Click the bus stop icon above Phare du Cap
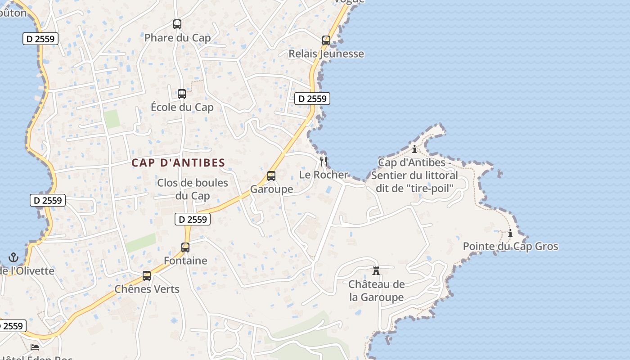177,24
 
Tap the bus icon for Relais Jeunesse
326,40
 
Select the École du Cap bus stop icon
182,94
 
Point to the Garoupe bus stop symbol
271,176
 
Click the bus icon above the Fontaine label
185,247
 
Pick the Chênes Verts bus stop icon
147,276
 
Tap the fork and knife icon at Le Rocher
324,161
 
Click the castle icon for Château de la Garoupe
376,271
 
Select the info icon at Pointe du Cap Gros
510,233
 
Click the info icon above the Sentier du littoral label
414,148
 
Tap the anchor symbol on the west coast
13,257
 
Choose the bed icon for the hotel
35,347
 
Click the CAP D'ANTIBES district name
178,163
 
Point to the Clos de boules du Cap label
193,189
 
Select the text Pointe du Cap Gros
510,246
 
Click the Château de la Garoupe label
376,291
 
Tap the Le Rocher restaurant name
324,175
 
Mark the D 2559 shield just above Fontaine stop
193,219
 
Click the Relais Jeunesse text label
326,54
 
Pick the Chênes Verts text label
147,289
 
